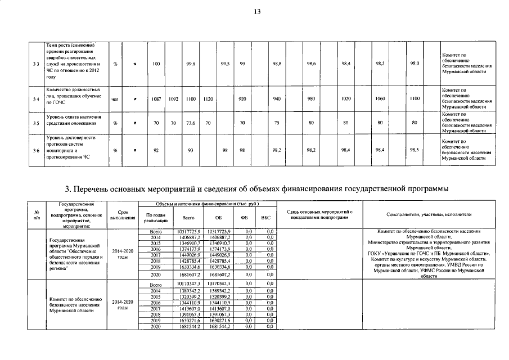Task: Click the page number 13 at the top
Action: pos(257,12)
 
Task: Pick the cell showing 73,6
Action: pos(190,122)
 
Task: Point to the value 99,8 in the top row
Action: pos(190,64)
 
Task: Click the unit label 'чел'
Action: pos(115,98)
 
